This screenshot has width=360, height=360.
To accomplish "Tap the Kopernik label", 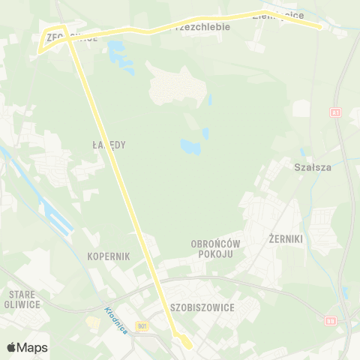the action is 109,256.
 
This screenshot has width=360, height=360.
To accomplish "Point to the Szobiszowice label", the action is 202,307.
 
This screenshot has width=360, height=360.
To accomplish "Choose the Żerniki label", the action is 284,238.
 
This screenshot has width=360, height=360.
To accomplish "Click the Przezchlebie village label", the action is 200,25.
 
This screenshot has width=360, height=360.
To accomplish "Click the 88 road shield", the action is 331,320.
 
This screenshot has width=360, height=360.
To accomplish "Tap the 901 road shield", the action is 143,325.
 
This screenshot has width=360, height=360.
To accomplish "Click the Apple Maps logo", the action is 27,347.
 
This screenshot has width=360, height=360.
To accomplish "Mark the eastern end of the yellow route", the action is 321,27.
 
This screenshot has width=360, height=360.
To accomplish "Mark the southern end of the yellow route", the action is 189,346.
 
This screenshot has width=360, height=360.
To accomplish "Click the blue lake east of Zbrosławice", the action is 117,52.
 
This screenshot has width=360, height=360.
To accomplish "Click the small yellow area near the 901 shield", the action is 92,322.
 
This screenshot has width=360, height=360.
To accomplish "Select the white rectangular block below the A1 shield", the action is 301,108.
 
